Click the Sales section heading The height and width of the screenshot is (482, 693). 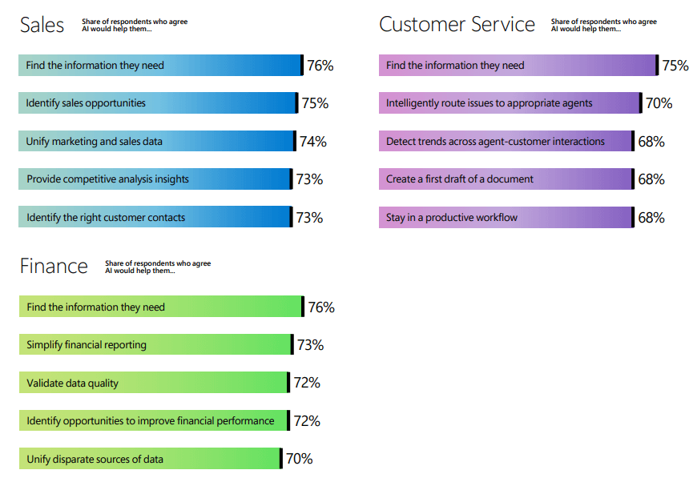click(42, 25)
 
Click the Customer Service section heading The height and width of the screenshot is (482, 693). click(457, 25)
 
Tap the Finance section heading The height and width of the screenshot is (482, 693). click(54, 267)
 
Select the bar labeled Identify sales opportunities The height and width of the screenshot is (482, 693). click(158, 103)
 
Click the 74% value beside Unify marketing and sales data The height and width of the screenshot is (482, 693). click(312, 142)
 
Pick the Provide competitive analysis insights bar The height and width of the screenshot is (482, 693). click(155, 179)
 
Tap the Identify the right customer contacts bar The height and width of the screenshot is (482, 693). click(155, 217)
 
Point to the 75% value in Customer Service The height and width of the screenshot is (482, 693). click(675, 66)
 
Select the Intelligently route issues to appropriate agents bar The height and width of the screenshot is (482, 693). click(510, 103)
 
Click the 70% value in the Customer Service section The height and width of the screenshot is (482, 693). click(659, 103)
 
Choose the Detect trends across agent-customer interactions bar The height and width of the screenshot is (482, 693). click(506, 142)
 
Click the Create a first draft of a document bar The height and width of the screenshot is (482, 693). click(506, 179)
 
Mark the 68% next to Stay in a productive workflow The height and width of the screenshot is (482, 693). click(651, 217)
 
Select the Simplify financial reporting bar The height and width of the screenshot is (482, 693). click(155, 345)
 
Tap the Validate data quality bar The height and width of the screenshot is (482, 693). click(153, 383)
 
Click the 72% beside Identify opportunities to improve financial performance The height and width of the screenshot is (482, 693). click(307, 421)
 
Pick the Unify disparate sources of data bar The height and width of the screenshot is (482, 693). click(151, 459)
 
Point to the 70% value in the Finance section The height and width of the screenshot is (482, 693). click(299, 459)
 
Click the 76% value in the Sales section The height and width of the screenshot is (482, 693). click(320, 66)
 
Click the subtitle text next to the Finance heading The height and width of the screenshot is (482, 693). click(158, 267)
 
